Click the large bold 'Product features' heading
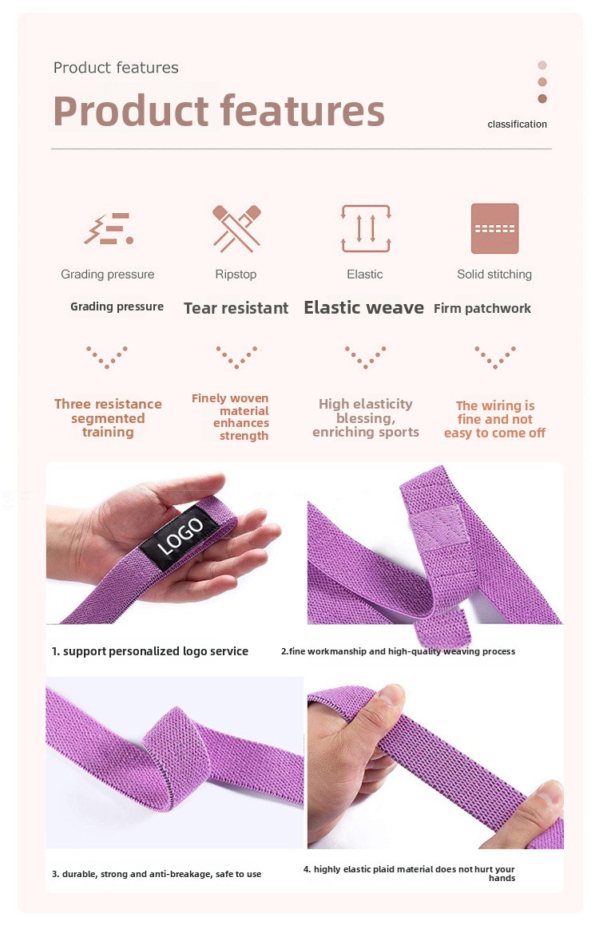[x=219, y=111]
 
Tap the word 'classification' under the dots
[x=518, y=125]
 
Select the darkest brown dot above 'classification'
[x=542, y=98]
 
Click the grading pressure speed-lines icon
[x=109, y=229]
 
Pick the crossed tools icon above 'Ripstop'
[x=236, y=228]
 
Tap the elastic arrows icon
[x=366, y=228]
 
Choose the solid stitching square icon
[x=494, y=228]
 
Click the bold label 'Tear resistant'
[x=236, y=308]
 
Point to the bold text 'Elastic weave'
[x=363, y=307]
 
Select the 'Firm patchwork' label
[x=482, y=308]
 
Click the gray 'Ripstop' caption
[x=236, y=275]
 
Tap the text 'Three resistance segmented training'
[x=108, y=417]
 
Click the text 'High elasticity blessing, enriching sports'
[x=366, y=417]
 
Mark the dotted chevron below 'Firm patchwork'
[x=495, y=358]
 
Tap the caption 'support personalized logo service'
[x=156, y=651]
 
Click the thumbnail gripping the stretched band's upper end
[x=391, y=694]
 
